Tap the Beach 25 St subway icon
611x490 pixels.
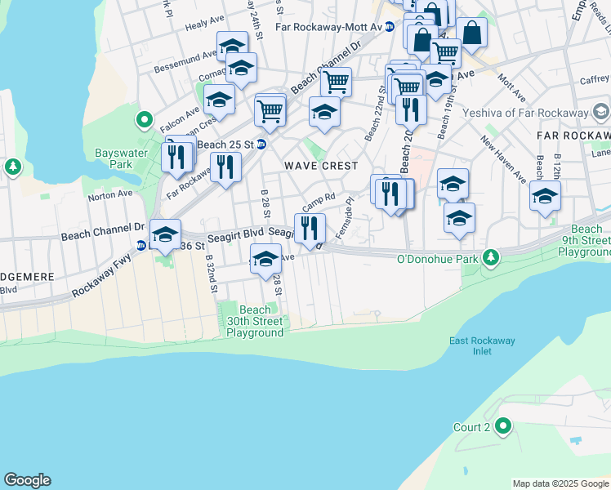[261, 145]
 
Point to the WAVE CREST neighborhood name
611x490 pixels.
[321, 166]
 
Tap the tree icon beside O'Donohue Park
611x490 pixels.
[490, 258]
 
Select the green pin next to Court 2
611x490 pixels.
[504, 425]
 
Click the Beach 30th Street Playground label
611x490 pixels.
[255, 321]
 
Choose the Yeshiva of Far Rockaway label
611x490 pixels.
[525, 112]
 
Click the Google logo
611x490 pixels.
[27, 480]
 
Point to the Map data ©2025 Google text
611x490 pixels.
[560, 483]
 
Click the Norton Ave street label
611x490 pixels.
[109, 194]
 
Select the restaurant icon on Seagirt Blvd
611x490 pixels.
[310, 228]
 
